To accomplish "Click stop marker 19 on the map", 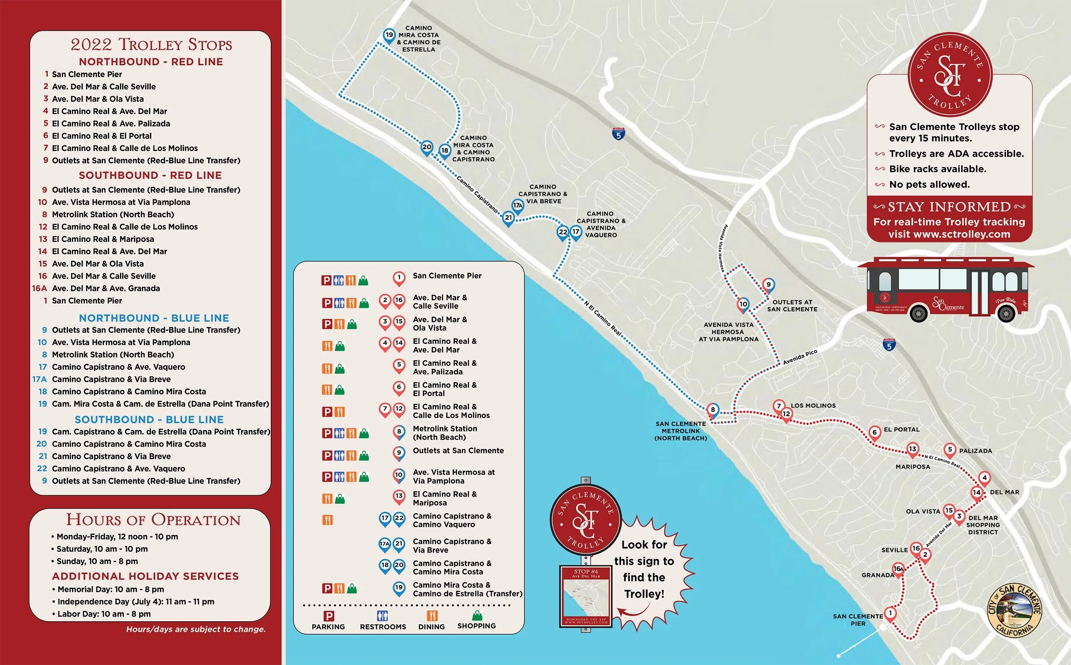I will pos(389,35).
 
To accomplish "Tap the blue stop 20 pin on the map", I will pos(426,147).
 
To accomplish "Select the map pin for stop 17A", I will pos(518,205).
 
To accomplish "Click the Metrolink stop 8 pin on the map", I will pos(713,410).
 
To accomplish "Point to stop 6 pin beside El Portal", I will pos(874,432).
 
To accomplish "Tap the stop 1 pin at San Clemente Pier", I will pos(890,613).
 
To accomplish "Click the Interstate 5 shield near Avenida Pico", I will pos(889,345).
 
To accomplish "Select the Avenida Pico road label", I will pos(800,357).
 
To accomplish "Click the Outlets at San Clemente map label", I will pos(792,306).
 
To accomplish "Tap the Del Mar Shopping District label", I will pos(983,525).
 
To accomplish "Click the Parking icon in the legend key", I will pos(329,616).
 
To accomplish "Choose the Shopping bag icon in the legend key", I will pos(476,615).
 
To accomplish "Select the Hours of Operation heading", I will pos(153,520).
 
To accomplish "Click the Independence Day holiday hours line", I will pos(135,602).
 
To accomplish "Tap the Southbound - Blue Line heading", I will pos(149,419).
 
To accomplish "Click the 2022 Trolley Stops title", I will pos(151,45).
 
